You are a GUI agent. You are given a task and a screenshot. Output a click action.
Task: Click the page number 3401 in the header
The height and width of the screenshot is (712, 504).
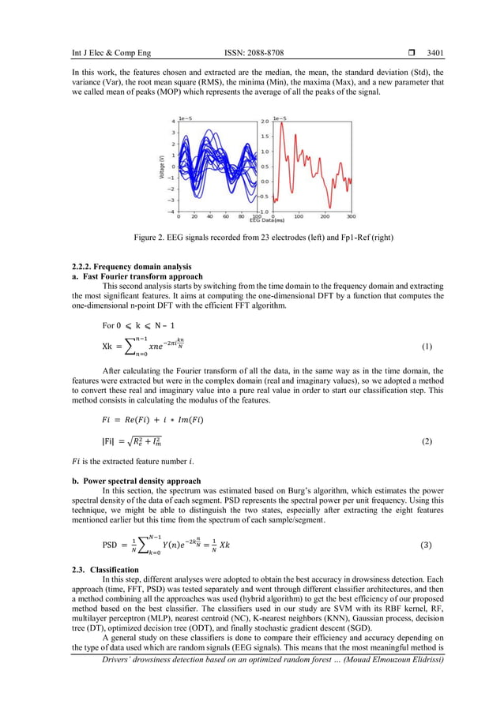pyautogui.click(x=434, y=54)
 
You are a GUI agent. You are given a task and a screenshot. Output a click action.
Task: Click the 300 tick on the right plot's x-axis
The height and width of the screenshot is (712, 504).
pyautogui.click(x=351, y=215)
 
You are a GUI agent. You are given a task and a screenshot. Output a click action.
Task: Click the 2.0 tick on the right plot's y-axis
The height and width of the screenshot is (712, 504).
pyautogui.click(x=265, y=122)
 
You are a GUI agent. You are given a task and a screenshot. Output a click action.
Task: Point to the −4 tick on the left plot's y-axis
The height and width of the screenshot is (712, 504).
pyautogui.click(x=171, y=211)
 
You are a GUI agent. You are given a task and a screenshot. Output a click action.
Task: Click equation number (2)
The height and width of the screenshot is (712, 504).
pyautogui.click(x=427, y=441)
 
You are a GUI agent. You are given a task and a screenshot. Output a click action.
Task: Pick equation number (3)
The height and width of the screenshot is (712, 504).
pyautogui.click(x=427, y=545)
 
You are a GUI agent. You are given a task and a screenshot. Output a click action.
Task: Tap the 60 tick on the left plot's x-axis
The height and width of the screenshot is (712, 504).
pyautogui.click(x=226, y=215)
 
